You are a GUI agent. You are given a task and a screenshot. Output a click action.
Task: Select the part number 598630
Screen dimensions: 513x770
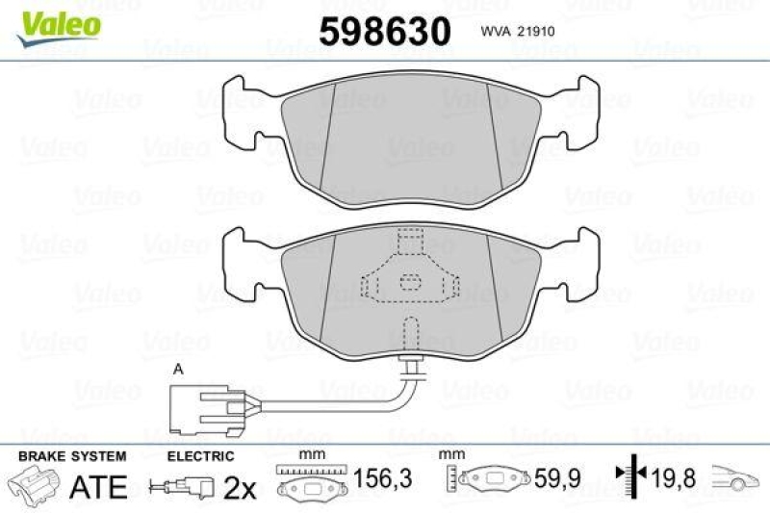pyautogui.click(x=384, y=32)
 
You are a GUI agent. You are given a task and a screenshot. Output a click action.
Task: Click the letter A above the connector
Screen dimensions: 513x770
pyautogui.click(x=177, y=369)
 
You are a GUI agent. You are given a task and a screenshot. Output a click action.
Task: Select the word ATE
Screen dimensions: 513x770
pyautogui.click(x=99, y=487)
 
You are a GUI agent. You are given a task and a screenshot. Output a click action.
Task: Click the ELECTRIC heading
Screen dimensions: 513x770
pyautogui.click(x=200, y=456)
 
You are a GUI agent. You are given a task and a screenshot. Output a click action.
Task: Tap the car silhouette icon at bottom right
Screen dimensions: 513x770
pyautogui.click(x=737, y=477)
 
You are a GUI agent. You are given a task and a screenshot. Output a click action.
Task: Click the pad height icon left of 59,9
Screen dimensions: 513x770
pyautogui.click(x=486, y=478)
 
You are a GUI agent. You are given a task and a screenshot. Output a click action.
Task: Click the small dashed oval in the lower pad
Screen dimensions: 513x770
pyautogui.click(x=410, y=282)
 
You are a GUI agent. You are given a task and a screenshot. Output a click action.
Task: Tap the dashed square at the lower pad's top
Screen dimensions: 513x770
pyautogui.click(x=410, y=238)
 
